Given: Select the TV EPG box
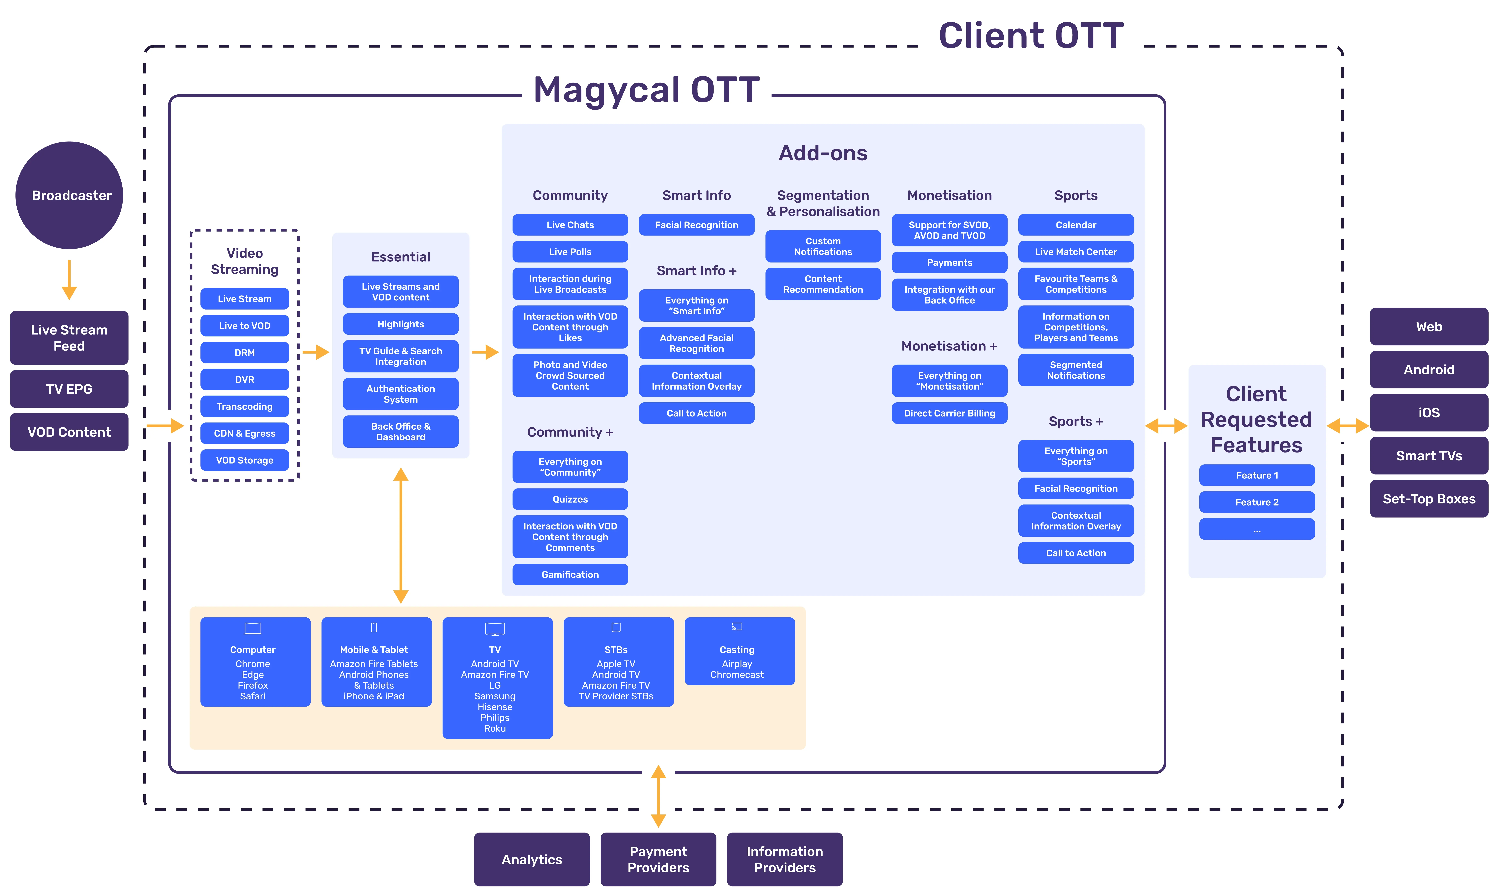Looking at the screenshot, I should (69, 389).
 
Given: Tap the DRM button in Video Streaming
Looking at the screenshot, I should (244, 353).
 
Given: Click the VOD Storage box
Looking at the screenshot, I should (244, 460).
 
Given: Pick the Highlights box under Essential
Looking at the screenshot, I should (401, 325).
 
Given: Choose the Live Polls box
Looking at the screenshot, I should (570, 252).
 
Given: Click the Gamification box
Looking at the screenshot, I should (570, 575).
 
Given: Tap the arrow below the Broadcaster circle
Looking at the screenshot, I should (69, 279).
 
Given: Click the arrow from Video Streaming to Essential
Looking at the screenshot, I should (315, 352).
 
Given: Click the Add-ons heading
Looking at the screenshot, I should (823, 153).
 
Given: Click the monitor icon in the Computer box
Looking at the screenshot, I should (253, 628).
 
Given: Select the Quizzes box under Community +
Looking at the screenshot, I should (570, 499).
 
